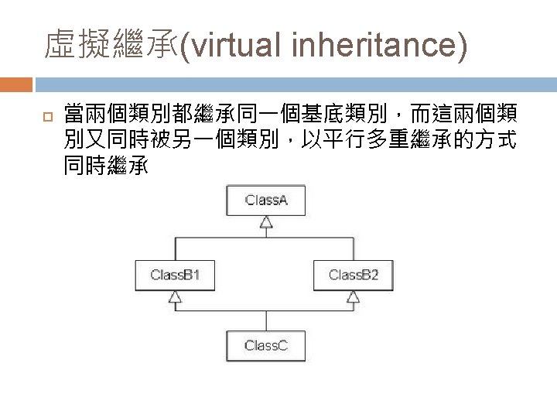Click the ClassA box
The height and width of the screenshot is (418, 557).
coord(266,200)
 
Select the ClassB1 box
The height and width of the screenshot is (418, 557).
coord(176,275)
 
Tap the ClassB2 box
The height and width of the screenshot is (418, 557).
coord(354,275)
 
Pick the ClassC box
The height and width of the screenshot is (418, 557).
coord(266,345)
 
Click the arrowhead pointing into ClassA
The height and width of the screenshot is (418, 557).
coord(266,223)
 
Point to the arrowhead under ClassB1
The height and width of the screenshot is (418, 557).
coord(176,296)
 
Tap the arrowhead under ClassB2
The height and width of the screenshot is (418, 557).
coord(354,296)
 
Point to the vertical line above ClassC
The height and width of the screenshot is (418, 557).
coord(266,320)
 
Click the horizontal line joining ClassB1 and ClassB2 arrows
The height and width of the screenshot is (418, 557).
coord(265,311)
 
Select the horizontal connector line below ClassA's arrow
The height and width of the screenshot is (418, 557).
coord(265,238)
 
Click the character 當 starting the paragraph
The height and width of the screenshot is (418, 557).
coord(75,115)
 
